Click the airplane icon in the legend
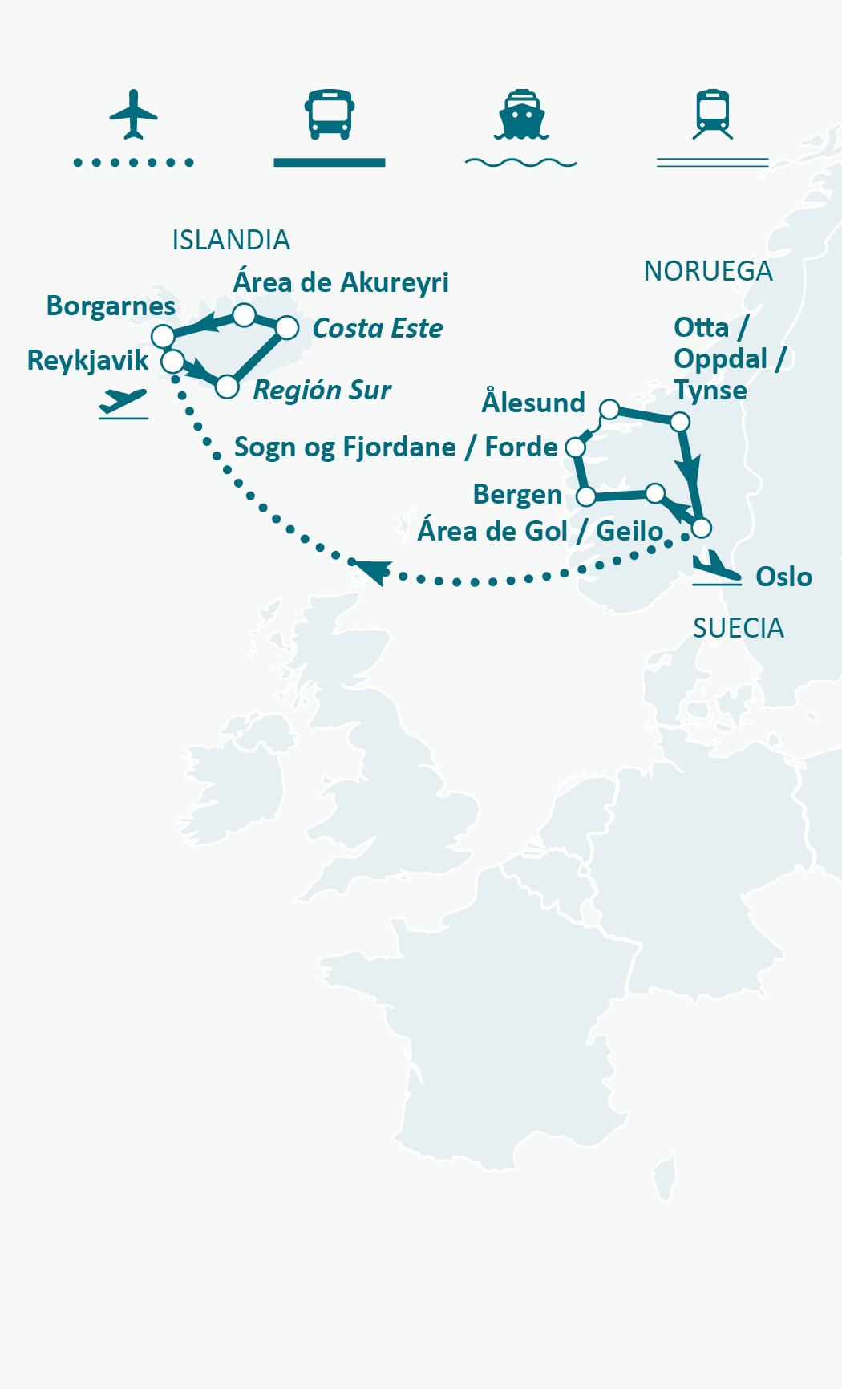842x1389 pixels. pos(133,115)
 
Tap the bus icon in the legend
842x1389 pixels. pos(329,115)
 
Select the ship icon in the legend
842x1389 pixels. pos(521,115)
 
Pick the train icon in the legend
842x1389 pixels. pos(712,115)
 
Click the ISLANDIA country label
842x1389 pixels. pos(231,240)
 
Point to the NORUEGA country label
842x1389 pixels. pos(708,271)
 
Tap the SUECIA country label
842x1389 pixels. pos(738,628)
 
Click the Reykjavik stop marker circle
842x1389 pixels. pos(172,361)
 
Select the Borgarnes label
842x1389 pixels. pos(111,306)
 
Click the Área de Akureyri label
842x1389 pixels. pos(341,282)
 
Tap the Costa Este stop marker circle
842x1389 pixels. pos(287,327)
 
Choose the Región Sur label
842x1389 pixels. pos(322,391)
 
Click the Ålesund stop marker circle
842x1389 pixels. pos(609,410)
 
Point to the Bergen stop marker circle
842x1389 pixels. pos(586,496)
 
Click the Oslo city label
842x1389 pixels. pos(783,577)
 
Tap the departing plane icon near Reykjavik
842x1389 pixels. pos(123,403)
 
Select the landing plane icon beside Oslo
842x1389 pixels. pos(717,569)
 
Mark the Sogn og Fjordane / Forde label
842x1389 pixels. pos(395,447)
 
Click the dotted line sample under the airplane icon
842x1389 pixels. pos(133,163)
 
